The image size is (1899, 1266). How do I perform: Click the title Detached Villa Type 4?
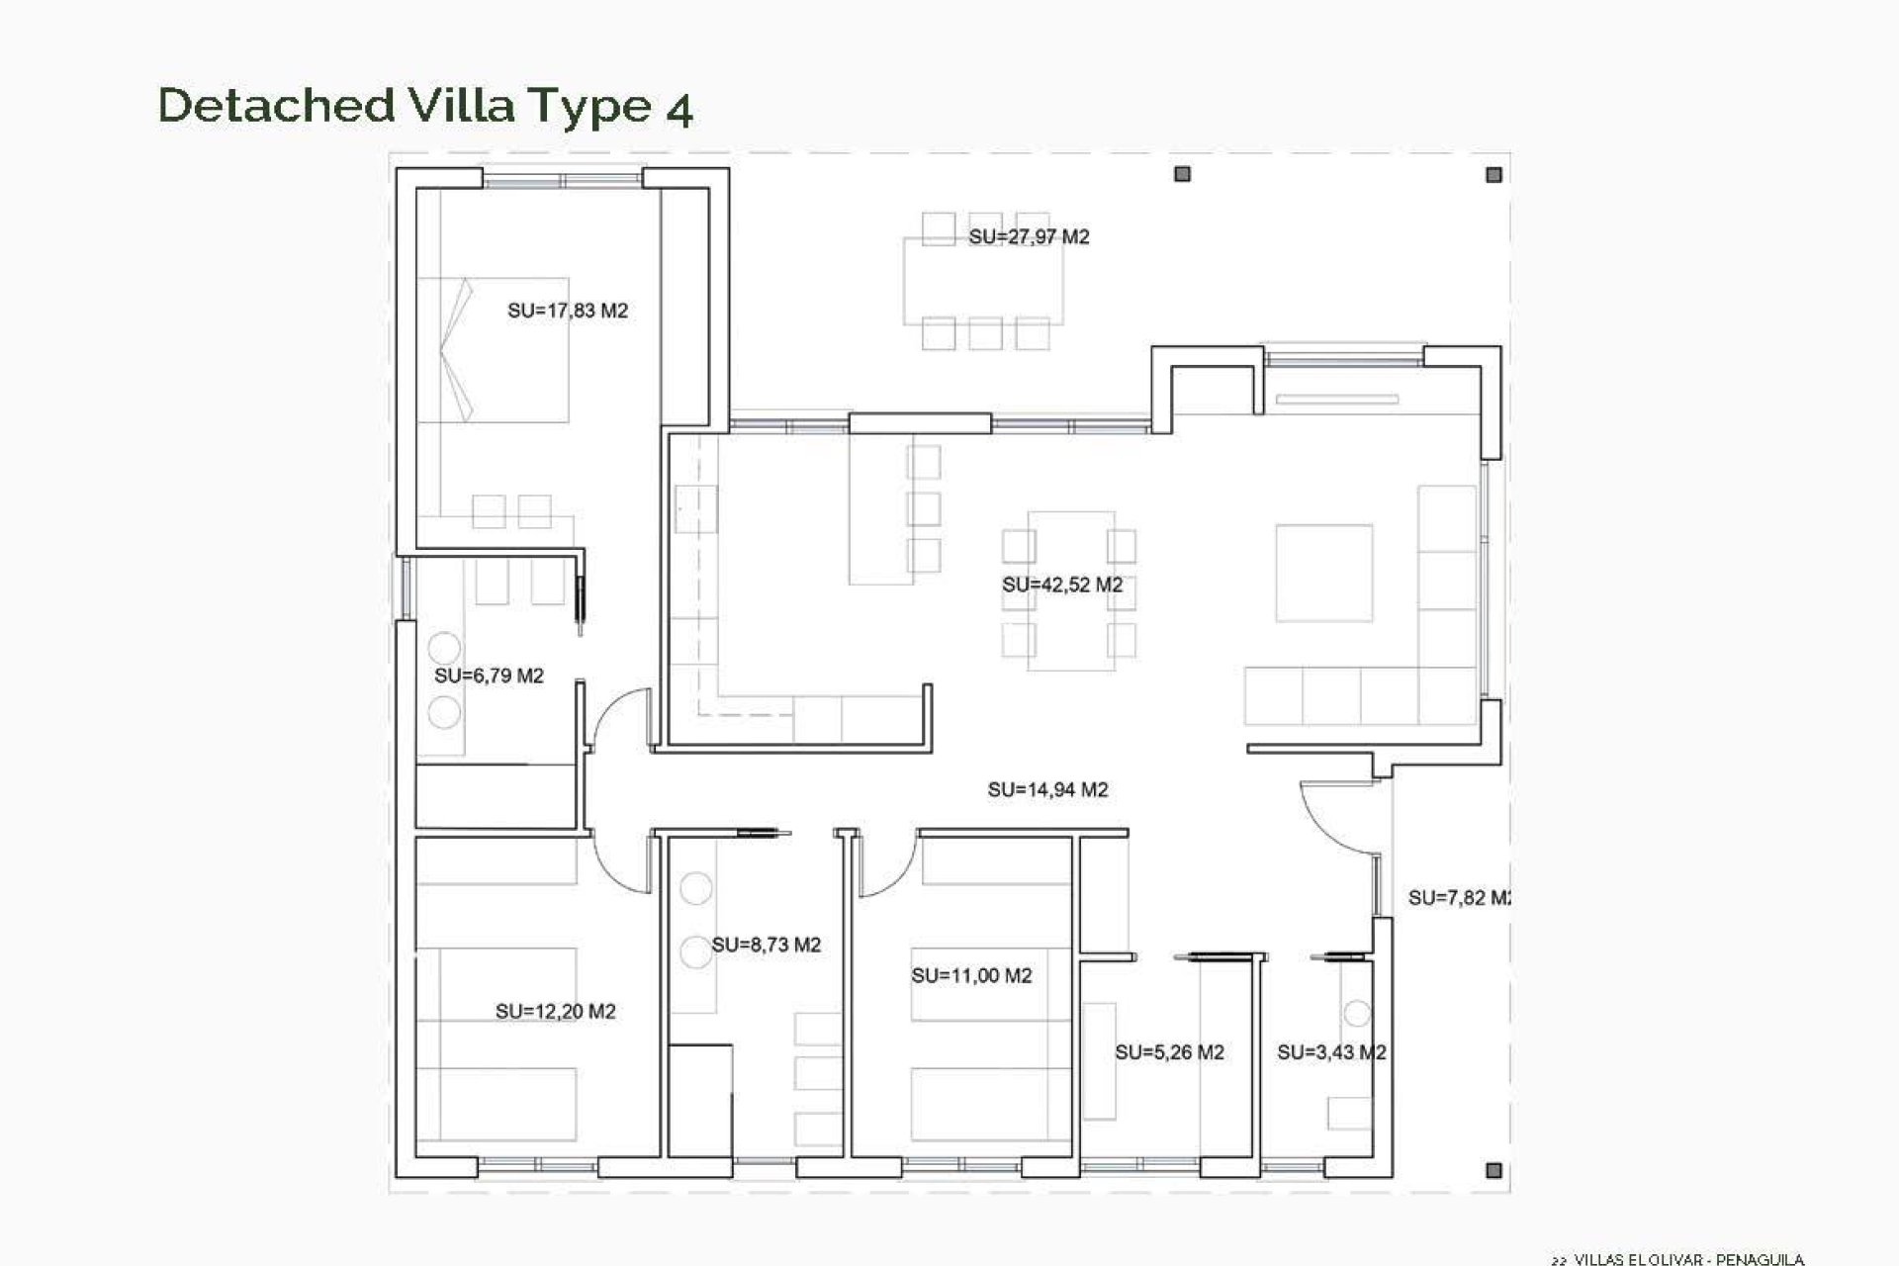click(425, 106)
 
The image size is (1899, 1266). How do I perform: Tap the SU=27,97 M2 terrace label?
click(1029, 237)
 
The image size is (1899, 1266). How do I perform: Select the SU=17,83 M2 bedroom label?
click(568, 311)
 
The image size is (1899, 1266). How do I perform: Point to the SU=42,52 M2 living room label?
click(1062, 585)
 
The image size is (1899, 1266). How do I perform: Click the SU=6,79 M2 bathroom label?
click(489, 677)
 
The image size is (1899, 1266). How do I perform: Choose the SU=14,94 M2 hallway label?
click(1047, 789)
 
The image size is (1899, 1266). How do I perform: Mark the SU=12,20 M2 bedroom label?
click(555, 1012)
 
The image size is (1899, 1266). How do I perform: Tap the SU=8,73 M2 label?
click(767, 945)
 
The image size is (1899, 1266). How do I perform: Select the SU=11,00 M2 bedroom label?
click(971, 976)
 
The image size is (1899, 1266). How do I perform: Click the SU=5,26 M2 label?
click(1169, 1052)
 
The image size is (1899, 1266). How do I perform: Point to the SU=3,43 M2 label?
click(1330, 1052)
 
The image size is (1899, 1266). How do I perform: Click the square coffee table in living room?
click(1323, 573)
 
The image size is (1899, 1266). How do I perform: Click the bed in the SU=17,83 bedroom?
click(493, 350)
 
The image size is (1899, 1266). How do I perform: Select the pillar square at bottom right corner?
click(1493, 1170)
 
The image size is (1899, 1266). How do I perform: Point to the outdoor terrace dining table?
click(983, 280)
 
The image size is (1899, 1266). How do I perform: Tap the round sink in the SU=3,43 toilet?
click(1357, 1014)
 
